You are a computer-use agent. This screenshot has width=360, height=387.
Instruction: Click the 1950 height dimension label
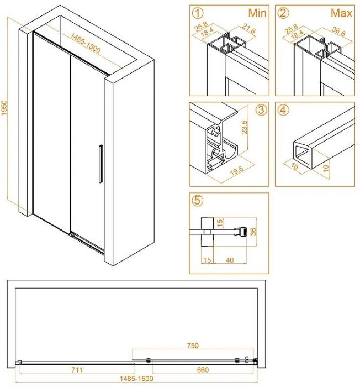(x=4, y=108)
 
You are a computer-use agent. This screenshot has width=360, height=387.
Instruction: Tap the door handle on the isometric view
(x=100, y=164)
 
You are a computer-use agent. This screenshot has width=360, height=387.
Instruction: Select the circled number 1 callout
(x=198, y=13)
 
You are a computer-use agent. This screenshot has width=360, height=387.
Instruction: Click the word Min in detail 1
(x=257, y=13)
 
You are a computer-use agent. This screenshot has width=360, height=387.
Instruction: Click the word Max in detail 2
(x=342, y=13)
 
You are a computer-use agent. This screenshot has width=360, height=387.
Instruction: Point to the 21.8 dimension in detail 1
(x=248, y=29)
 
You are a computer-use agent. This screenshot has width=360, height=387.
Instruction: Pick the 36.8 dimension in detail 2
(x=338, y=31)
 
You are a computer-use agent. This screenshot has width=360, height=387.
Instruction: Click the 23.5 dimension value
(x=244, y=127)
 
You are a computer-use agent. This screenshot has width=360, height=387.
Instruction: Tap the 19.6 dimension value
(x=237, y=170)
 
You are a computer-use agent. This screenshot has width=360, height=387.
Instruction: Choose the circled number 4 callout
(x=283, y=110)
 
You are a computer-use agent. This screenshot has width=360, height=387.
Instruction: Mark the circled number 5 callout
(x=198, y=200)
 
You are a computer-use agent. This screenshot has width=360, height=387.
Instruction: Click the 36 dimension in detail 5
(x=253, y=231)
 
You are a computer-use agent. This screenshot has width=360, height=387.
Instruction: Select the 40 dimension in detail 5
(x=230, y=260)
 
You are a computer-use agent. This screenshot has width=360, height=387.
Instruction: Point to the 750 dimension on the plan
(x=193, y=346)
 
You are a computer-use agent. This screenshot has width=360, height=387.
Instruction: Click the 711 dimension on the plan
(x=77, y=370)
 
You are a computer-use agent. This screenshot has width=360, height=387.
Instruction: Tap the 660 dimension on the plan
(x=203, y=370)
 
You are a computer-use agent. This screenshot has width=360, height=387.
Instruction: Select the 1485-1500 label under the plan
(x=136, y=379)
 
